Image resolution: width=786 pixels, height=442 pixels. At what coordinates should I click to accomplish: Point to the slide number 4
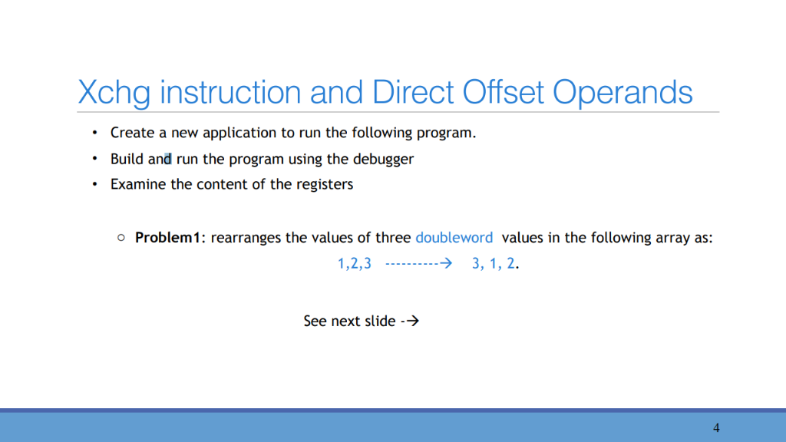716,427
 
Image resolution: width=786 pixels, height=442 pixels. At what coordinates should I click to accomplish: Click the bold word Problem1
169,238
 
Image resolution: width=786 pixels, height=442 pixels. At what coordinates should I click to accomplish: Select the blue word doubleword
454,238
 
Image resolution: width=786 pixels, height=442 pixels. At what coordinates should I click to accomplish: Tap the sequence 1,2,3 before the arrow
355,264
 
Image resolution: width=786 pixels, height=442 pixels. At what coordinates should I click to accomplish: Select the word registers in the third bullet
325,185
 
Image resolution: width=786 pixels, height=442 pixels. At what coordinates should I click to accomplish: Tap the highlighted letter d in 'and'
168,160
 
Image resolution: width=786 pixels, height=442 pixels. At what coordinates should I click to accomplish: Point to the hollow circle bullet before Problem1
121,239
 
